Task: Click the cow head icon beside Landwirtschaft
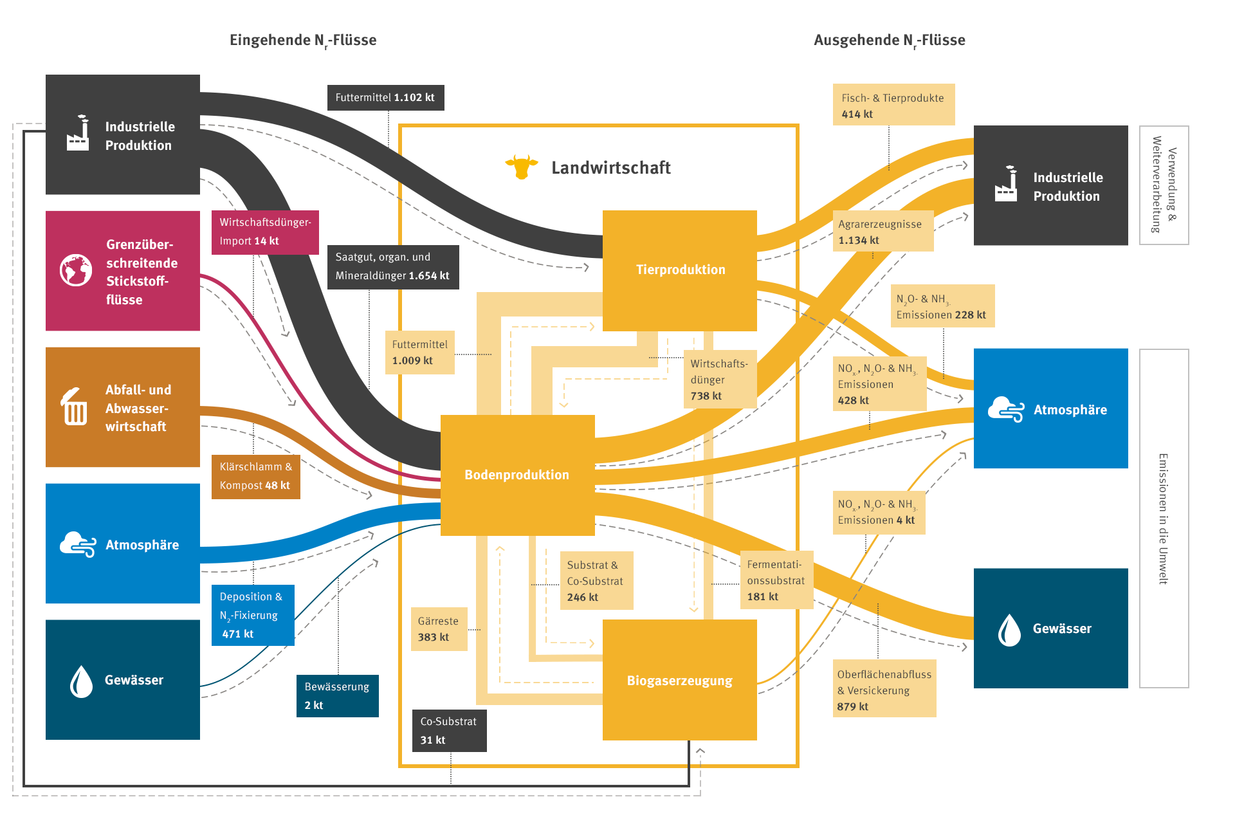(x=521, y=167)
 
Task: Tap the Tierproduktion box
(x=679, y=270)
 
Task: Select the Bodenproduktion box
(x=517, y=475)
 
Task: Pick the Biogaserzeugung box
(x=679, y=680)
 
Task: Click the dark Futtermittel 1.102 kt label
(x=385, y=98)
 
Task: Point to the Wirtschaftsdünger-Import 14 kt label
(x=265, y=232)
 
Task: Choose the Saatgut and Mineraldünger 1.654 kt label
(x=392, y=267)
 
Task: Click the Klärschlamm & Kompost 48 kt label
(x=255, y=477)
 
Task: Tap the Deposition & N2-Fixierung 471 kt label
(x=253, y=615)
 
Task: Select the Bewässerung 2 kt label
(x=337, y=696)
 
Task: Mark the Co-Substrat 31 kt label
(x=449, y=731)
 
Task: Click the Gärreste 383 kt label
(x=439, y=629)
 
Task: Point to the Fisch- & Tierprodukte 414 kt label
(x=893, y=105)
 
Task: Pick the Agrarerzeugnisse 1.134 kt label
(x=882, y=232)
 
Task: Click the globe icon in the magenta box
(x=76, y=270)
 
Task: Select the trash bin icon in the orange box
(x=74, y=407)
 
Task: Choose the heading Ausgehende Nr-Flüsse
(x=889, y=41)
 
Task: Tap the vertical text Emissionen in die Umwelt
(x=1164, y=519)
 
